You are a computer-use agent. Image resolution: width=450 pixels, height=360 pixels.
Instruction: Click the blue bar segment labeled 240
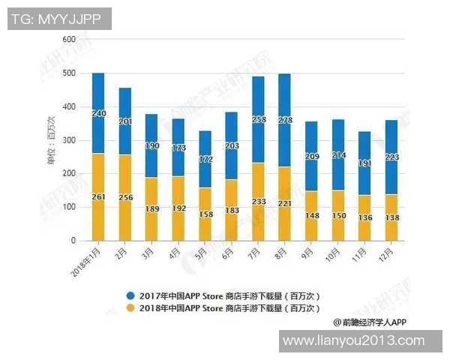98,112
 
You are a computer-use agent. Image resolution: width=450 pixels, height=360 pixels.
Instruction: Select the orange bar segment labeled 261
98,196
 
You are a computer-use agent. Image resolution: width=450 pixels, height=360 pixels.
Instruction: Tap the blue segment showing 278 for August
284,120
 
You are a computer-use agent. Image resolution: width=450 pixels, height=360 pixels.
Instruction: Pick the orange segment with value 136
364,218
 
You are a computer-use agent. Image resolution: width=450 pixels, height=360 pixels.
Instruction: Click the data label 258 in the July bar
257,119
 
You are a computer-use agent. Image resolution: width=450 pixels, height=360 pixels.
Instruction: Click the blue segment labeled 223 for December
391,157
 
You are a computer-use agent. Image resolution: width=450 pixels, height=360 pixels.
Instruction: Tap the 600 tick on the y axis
69,39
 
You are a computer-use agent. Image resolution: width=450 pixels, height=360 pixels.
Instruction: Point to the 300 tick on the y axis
69,140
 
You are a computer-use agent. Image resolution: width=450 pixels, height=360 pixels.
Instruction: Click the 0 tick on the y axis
73,241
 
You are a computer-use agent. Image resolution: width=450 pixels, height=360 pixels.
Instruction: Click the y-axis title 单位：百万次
52,139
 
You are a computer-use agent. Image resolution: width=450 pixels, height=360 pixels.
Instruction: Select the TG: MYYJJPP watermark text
60,19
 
